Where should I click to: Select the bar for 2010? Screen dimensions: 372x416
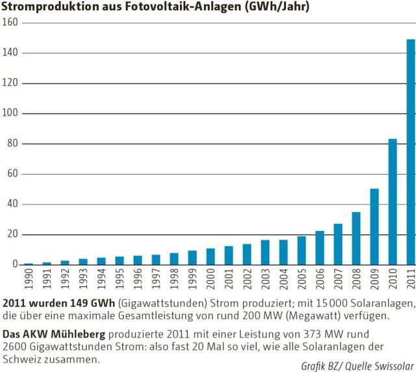[x=393, y=201]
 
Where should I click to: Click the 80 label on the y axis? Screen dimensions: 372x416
[x=10, y=143]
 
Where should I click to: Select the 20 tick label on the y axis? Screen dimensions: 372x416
[x=10, y=234]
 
